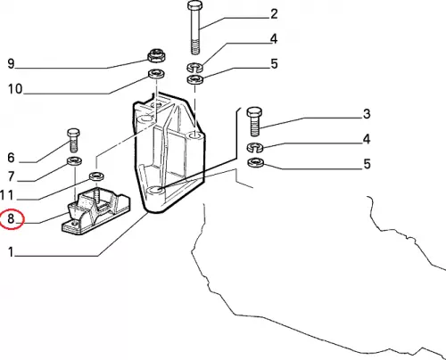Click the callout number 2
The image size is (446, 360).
(274, 14)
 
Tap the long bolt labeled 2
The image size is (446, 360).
(195, 28)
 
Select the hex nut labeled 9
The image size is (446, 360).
(156, 55)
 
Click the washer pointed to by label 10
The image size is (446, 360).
(156, 74)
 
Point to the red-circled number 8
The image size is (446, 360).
(11, 218)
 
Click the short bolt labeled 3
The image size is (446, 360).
(254, 121)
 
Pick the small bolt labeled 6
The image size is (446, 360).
(73, 140)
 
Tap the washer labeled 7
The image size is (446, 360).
(74, 161)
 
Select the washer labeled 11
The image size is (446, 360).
(96, 176)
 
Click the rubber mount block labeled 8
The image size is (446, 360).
(95, 210)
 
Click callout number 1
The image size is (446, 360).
(11, 252)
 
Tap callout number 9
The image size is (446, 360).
(11, 63)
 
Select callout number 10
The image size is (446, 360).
(15, 89)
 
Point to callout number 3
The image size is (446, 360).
(367, 114)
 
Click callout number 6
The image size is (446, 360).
(11, 158)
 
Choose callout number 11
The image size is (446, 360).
(7, 195)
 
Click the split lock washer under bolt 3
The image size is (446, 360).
(255, 147)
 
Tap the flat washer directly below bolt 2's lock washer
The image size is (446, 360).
(194, 79)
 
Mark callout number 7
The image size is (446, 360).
(11, 176)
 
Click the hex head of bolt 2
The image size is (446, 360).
(195, 5)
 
